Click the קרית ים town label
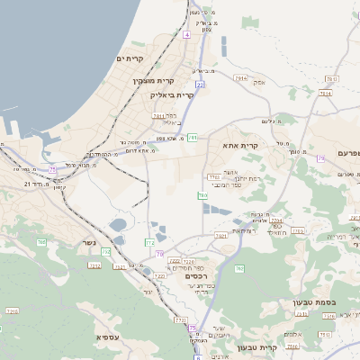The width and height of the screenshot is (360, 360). click(131, 58)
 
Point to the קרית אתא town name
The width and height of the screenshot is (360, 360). click(240, 145)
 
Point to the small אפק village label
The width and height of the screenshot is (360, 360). click(260, 82)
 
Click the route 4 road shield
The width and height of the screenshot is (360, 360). click(186, 34)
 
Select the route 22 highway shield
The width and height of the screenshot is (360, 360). click(200, 84)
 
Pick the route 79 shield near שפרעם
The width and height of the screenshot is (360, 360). click(319, 158)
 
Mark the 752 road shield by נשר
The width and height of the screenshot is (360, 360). click(106, 252)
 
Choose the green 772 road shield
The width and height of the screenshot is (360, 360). click(150, 242)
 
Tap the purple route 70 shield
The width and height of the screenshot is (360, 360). click(159, 255)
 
